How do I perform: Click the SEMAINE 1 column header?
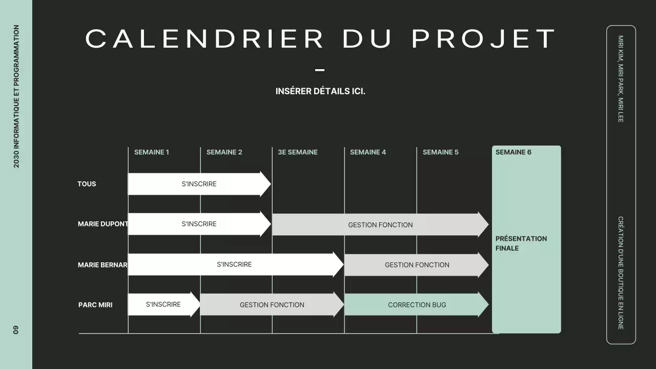(x=152, y=152)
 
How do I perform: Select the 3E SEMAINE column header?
(x=298, y=152)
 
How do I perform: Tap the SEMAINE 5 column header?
(x=441, y=152)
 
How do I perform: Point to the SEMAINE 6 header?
(x=514, y=152)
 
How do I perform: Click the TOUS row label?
(x=87, y=184)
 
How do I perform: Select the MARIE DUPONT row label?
(x=102, y=224)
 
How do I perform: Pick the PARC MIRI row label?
(x=95, y=305)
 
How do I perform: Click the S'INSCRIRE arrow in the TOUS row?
(x=199, y=184)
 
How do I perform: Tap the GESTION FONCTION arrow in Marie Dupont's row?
(x=380, y=224)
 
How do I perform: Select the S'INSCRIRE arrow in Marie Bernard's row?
(x=235, y=264)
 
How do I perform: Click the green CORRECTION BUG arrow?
(x=417, y=305)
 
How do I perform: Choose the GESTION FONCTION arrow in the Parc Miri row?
(x=272, y=305)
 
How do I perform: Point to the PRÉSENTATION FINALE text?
(x=521, y=243)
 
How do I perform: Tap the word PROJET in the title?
(x=484, y=39)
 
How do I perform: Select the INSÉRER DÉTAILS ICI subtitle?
(x=320, y=92)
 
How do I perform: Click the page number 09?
(x=16, y=330)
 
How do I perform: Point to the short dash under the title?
(x=320, y=70)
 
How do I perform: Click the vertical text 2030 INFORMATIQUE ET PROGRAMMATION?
(x=16, y=96)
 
